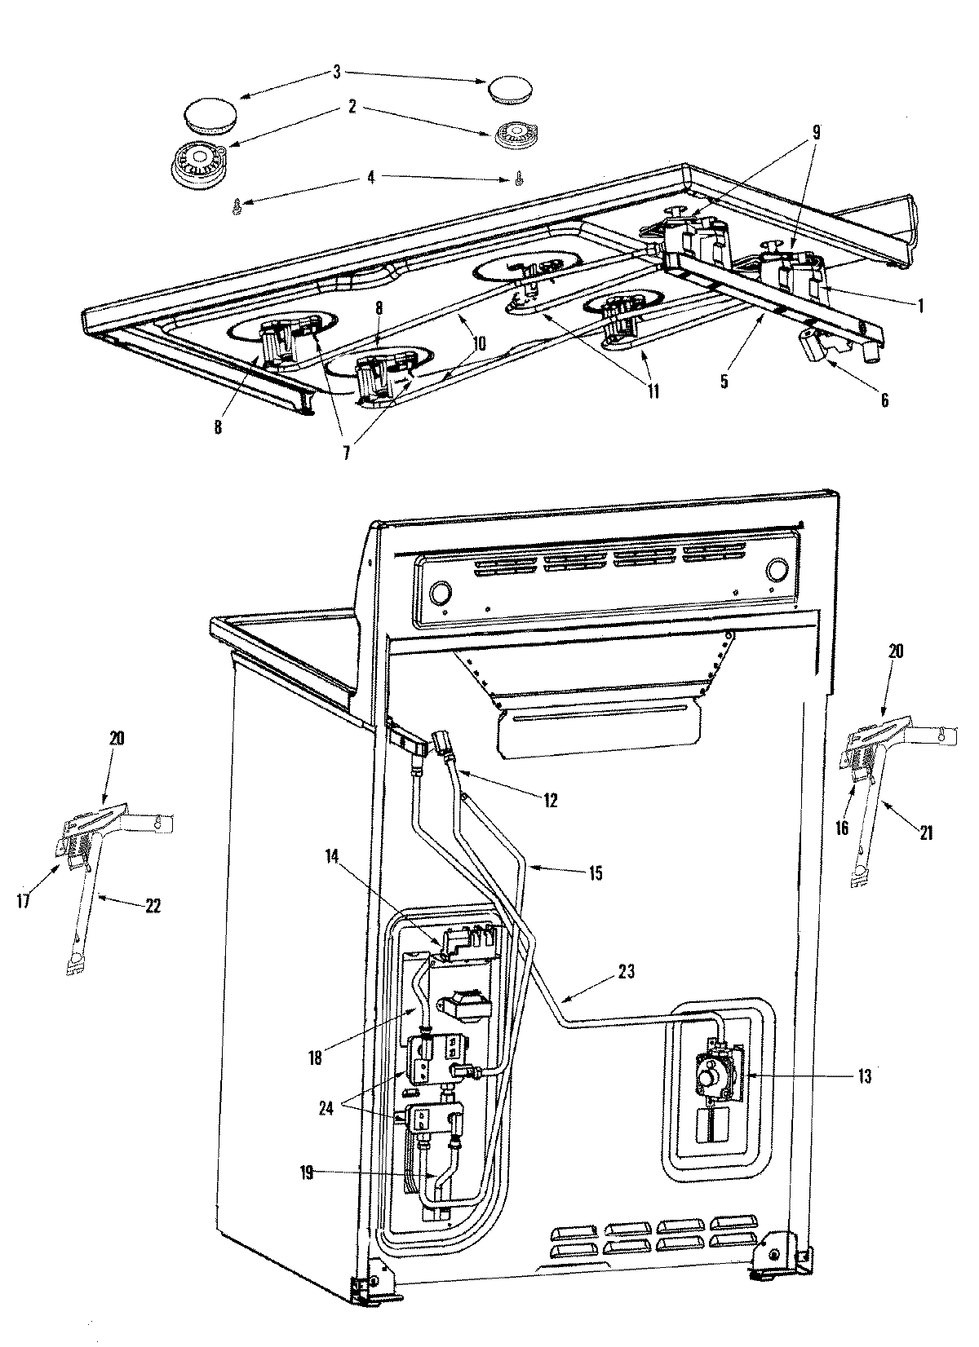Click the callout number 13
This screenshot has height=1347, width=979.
[864, 1077]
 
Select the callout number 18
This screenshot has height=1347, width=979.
[315, 1058]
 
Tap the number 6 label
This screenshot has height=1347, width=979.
[884, 400]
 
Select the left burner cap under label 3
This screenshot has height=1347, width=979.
[208, 117]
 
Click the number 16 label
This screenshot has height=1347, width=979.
[842, 827]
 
